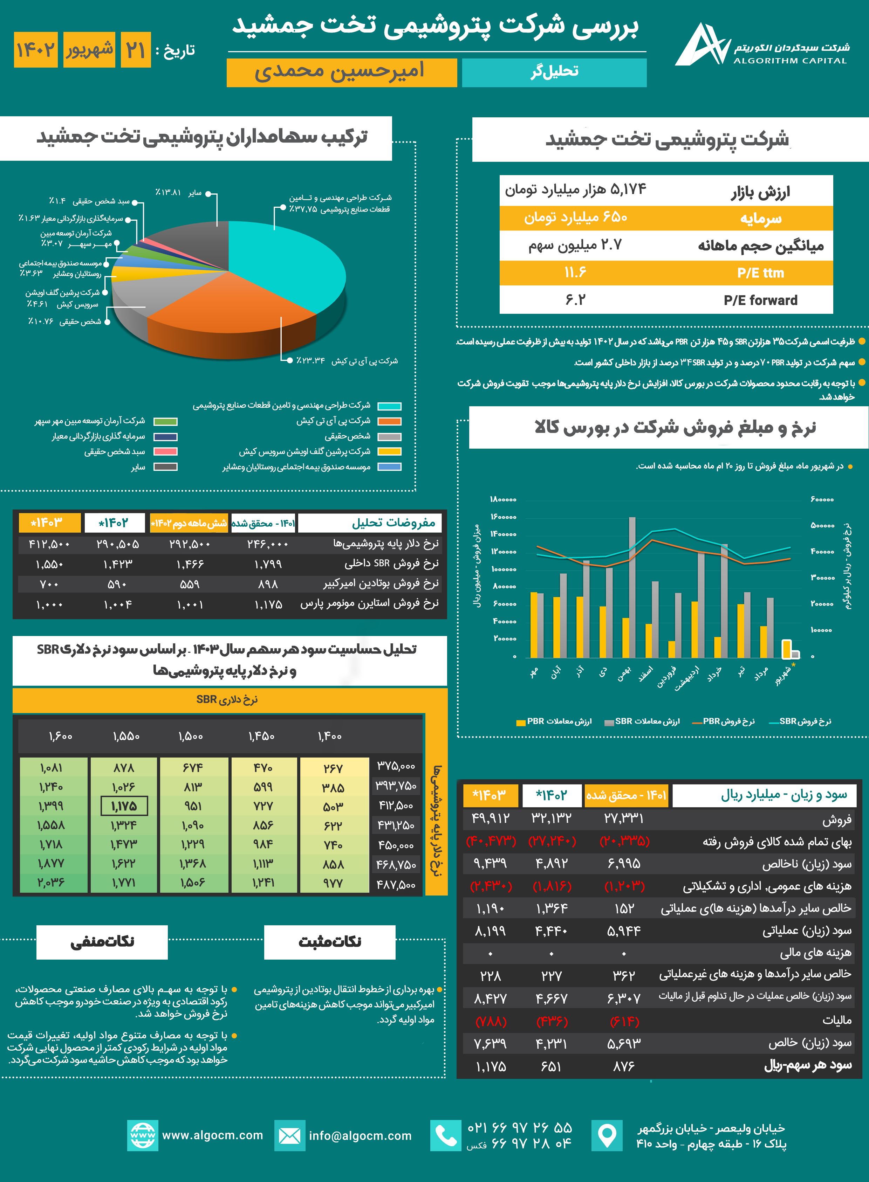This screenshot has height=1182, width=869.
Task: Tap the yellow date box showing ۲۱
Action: [x=136, y=50]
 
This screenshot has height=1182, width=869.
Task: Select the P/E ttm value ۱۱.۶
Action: [x=575, y=272]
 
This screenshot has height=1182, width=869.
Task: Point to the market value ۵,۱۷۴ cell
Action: [x=575, y=190]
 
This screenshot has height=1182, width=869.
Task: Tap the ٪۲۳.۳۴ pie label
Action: [x=310, y=361]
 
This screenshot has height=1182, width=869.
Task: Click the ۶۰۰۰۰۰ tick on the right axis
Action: [x=822, y=499]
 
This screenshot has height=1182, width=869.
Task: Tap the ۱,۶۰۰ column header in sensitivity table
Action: [x=61, y=736]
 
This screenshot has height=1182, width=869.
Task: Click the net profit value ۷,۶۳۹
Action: [x=490, y=1043]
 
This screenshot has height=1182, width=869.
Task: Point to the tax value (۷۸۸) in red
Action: [x=490, y=1021]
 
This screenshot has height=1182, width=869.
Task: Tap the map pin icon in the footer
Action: [x=607, y=1136]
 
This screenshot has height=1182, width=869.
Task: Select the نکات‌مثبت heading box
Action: [x=330, y=942]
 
